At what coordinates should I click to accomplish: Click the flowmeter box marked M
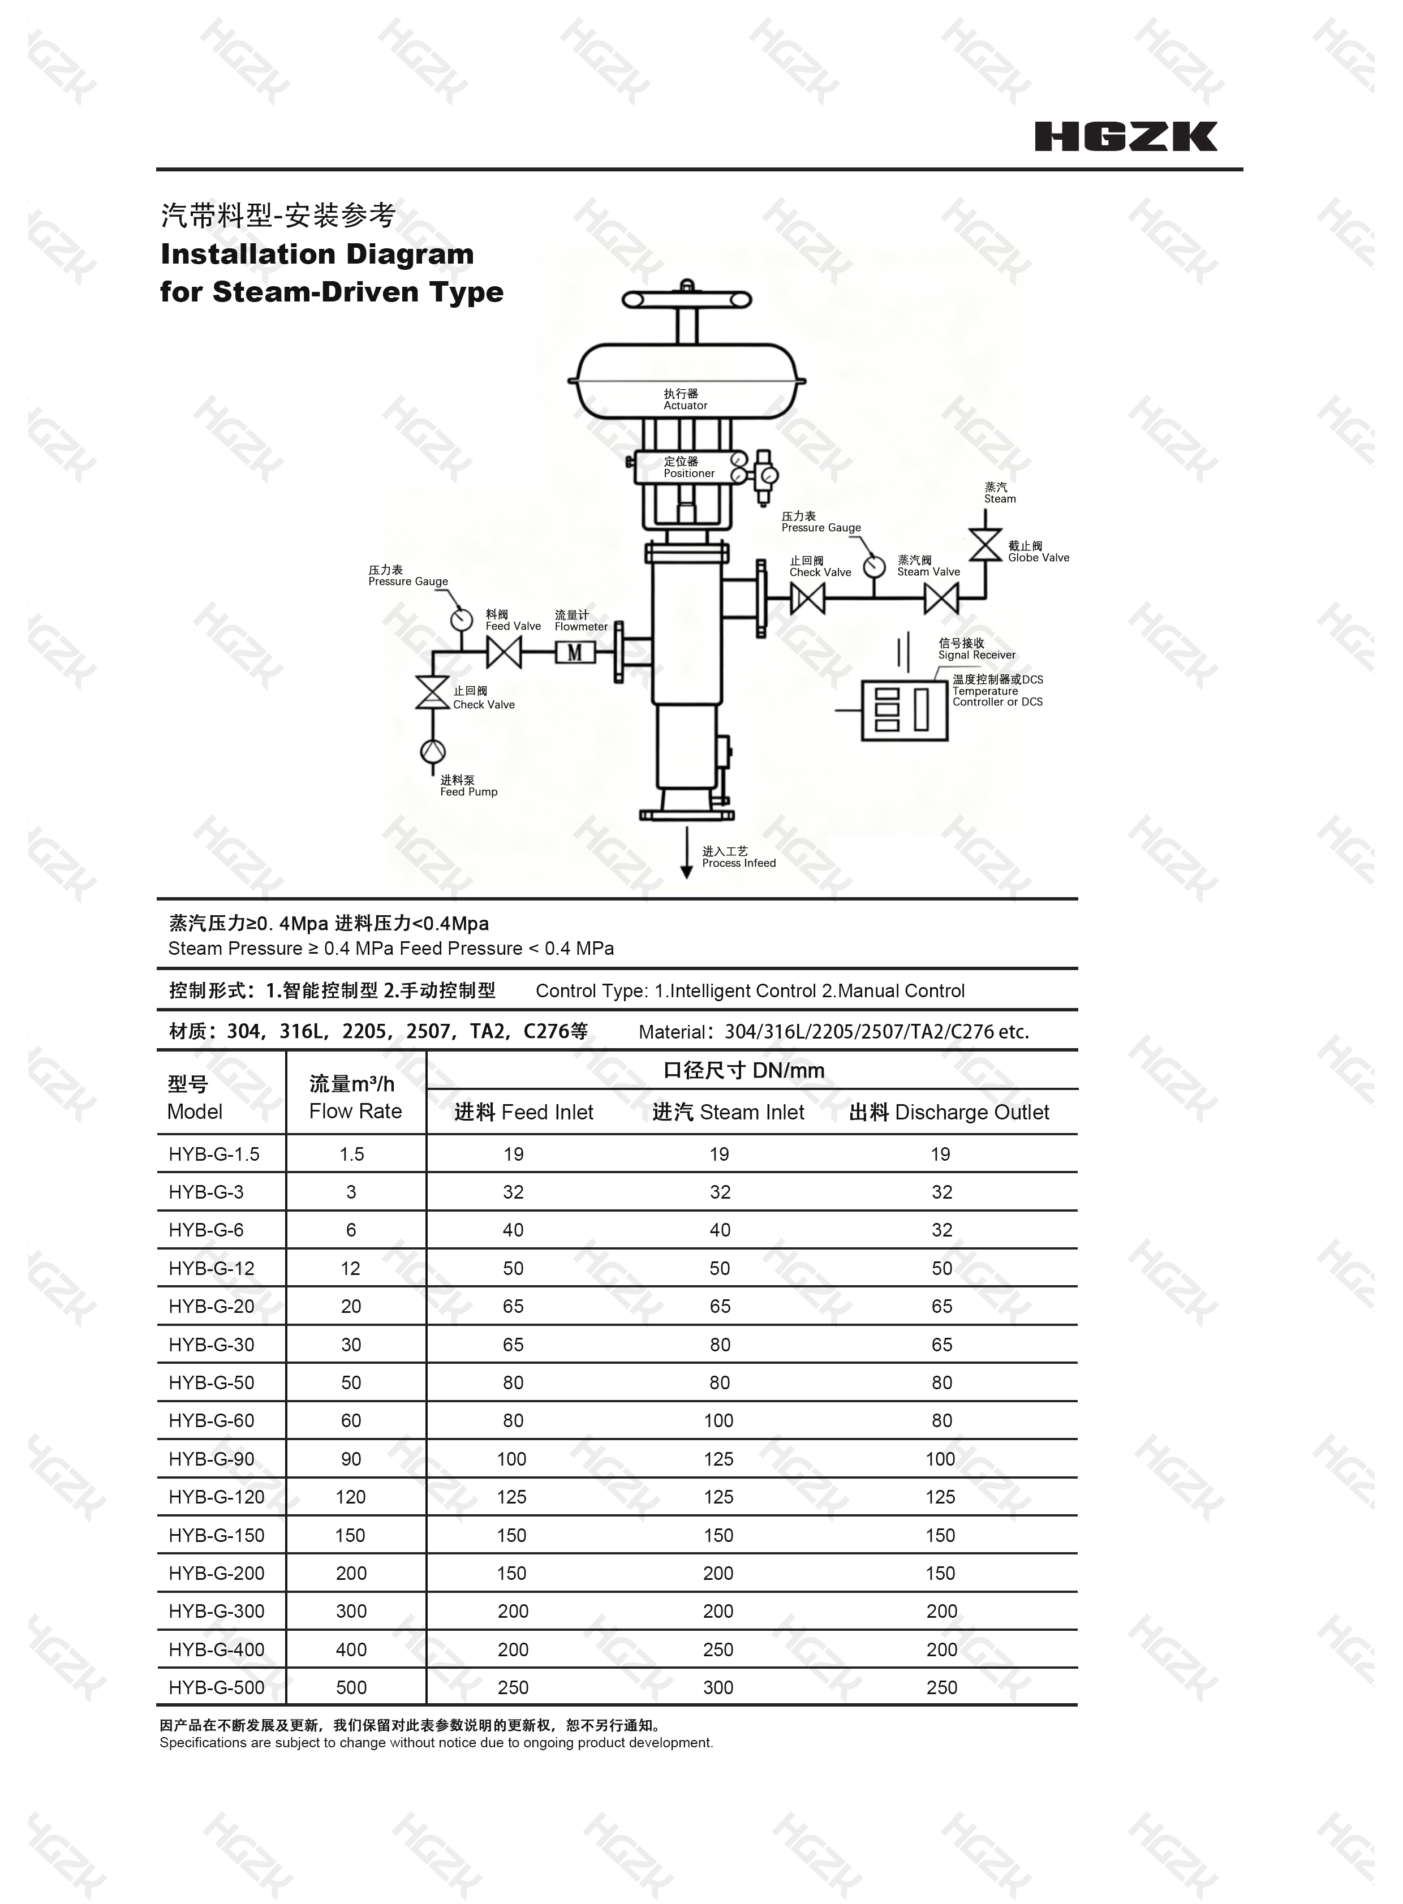click(x=575, y=652)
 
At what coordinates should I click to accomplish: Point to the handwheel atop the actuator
click(x=687, y=298)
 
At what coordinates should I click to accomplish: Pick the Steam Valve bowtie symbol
click(x=941, y=598)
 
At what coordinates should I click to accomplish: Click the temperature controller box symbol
click(x=905, y=710)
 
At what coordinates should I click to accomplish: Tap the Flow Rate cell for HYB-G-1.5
click(x=352, y=1154)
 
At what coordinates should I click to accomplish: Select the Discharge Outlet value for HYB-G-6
click(x=942, y=1230)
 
